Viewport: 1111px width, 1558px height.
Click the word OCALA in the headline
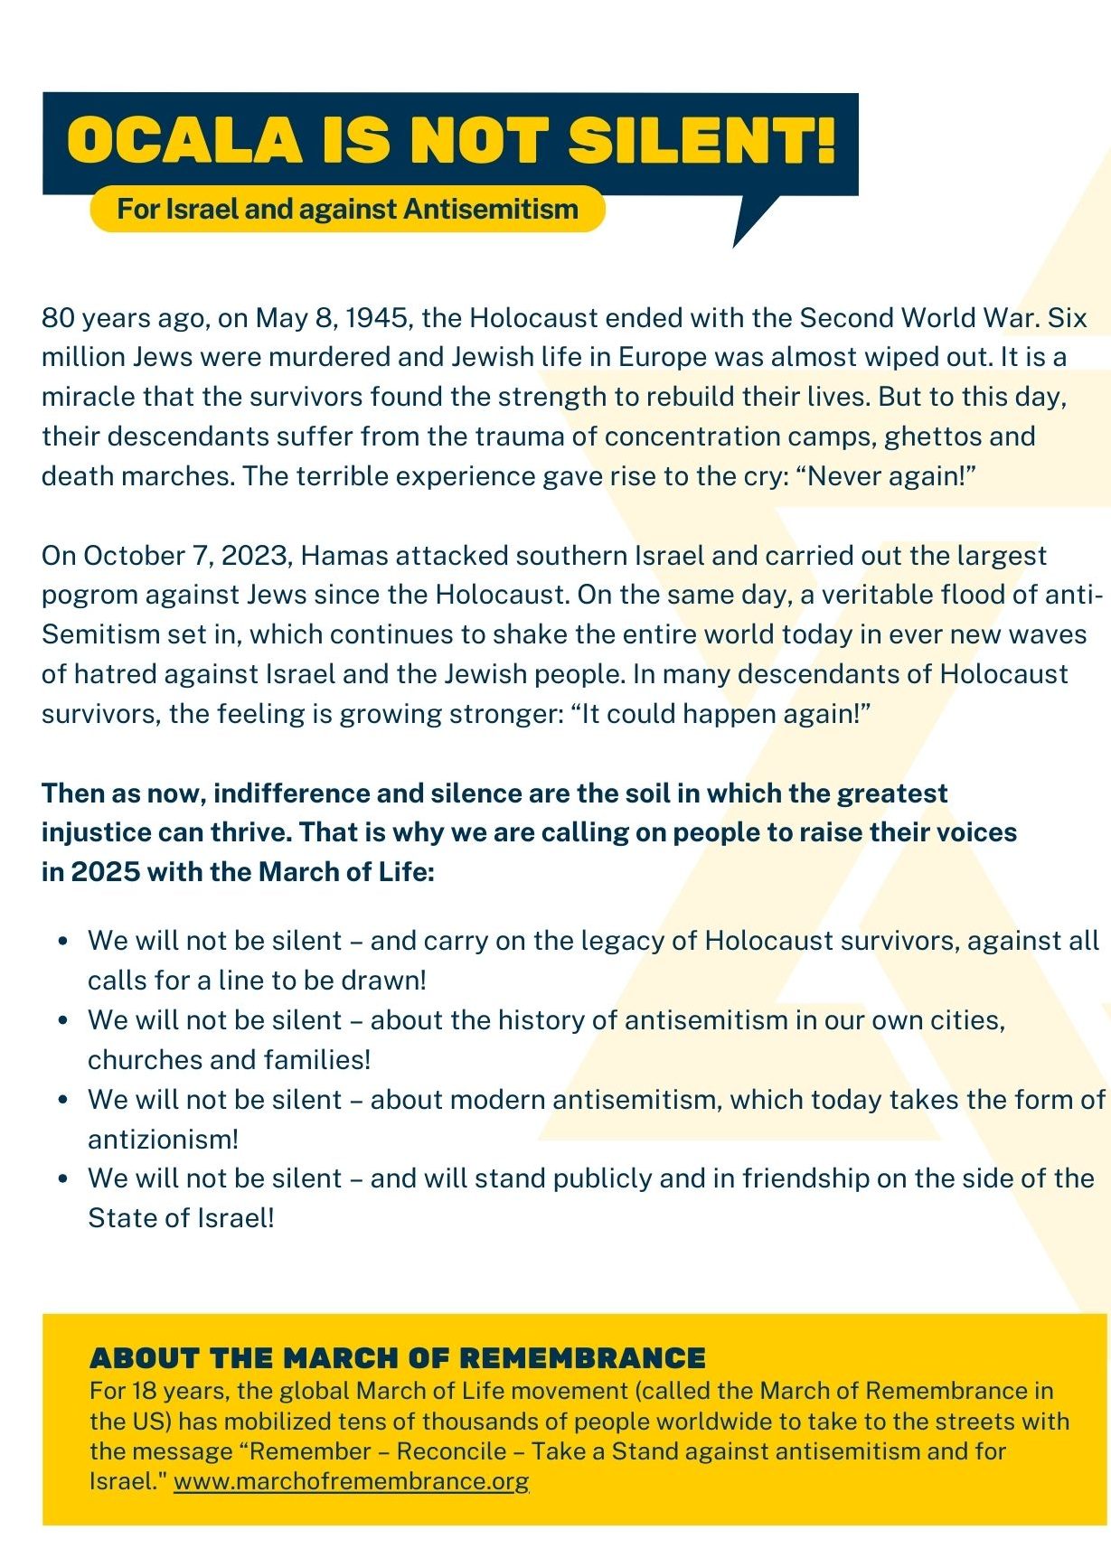[184, 140]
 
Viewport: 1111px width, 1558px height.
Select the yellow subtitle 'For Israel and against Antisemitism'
[347, 209]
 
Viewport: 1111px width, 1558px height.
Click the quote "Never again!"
[885, 476]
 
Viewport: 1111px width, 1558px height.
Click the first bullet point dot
[62, 941]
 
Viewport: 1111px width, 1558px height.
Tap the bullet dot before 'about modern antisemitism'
[62, 1100]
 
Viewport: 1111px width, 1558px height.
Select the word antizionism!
[163, 1140]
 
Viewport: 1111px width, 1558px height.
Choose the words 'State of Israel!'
[181, 1218]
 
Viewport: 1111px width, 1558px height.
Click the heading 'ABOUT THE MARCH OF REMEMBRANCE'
[398, 1357]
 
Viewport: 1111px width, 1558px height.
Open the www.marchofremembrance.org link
[351, 1481]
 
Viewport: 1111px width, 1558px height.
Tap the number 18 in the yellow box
[145, 1390]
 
